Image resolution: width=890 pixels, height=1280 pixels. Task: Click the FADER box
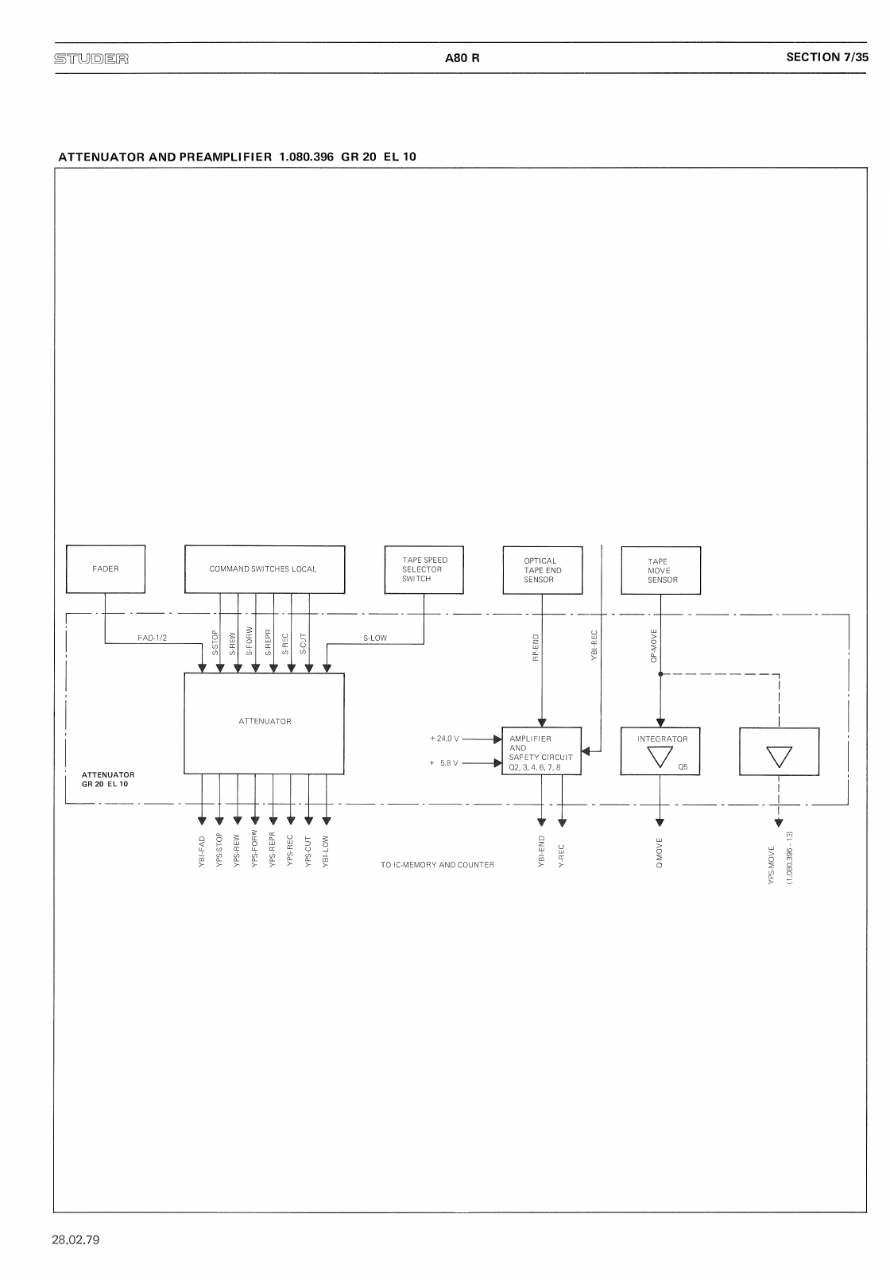(106, 568)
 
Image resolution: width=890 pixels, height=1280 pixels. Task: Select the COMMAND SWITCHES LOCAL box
(264, 568)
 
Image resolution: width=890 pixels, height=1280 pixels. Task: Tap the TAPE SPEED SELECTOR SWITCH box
(424, 569)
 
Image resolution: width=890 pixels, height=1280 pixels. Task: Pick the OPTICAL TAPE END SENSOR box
(542, 569)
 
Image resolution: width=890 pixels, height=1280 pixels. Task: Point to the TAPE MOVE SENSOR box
(660, 570)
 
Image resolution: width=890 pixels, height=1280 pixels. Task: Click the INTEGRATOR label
(662, 739)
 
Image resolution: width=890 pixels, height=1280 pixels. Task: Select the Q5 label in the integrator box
(683, 766)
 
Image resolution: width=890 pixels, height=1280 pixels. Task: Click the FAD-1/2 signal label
(153, 638)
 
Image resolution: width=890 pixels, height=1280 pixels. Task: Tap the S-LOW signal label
(374, 638)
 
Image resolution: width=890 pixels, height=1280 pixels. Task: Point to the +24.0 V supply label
(444, 739)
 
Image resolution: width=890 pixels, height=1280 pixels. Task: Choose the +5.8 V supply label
(444, 763)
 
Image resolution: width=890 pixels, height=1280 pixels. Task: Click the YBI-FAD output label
(203, 851)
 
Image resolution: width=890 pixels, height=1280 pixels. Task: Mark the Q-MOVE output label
(660, 852)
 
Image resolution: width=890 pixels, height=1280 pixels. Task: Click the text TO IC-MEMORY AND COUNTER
(437, 865)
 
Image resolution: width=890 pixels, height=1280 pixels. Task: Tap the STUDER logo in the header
(91, 58)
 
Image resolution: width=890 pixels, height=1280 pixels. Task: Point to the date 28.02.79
(76, 1239)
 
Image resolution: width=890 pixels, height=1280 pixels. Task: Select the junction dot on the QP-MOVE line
(660, 674)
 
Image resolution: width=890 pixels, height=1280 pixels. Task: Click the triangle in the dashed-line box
(779, 756)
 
